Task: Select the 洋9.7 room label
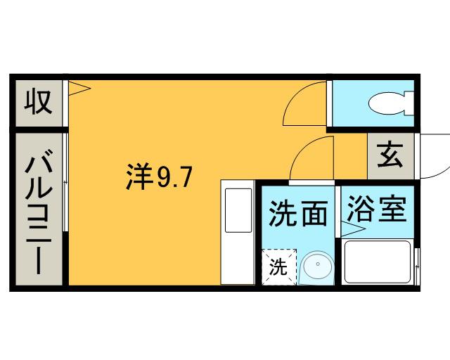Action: click(158, 177)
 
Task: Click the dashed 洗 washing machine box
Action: click(279, 267)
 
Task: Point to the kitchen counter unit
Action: click(238, 232)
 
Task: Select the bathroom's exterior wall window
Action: click(417, 266)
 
